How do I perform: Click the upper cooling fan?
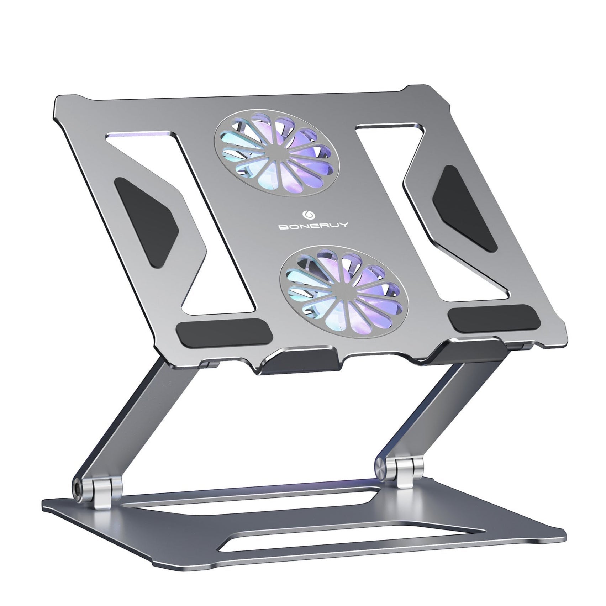pyautogui.click(x=276, y=156)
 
